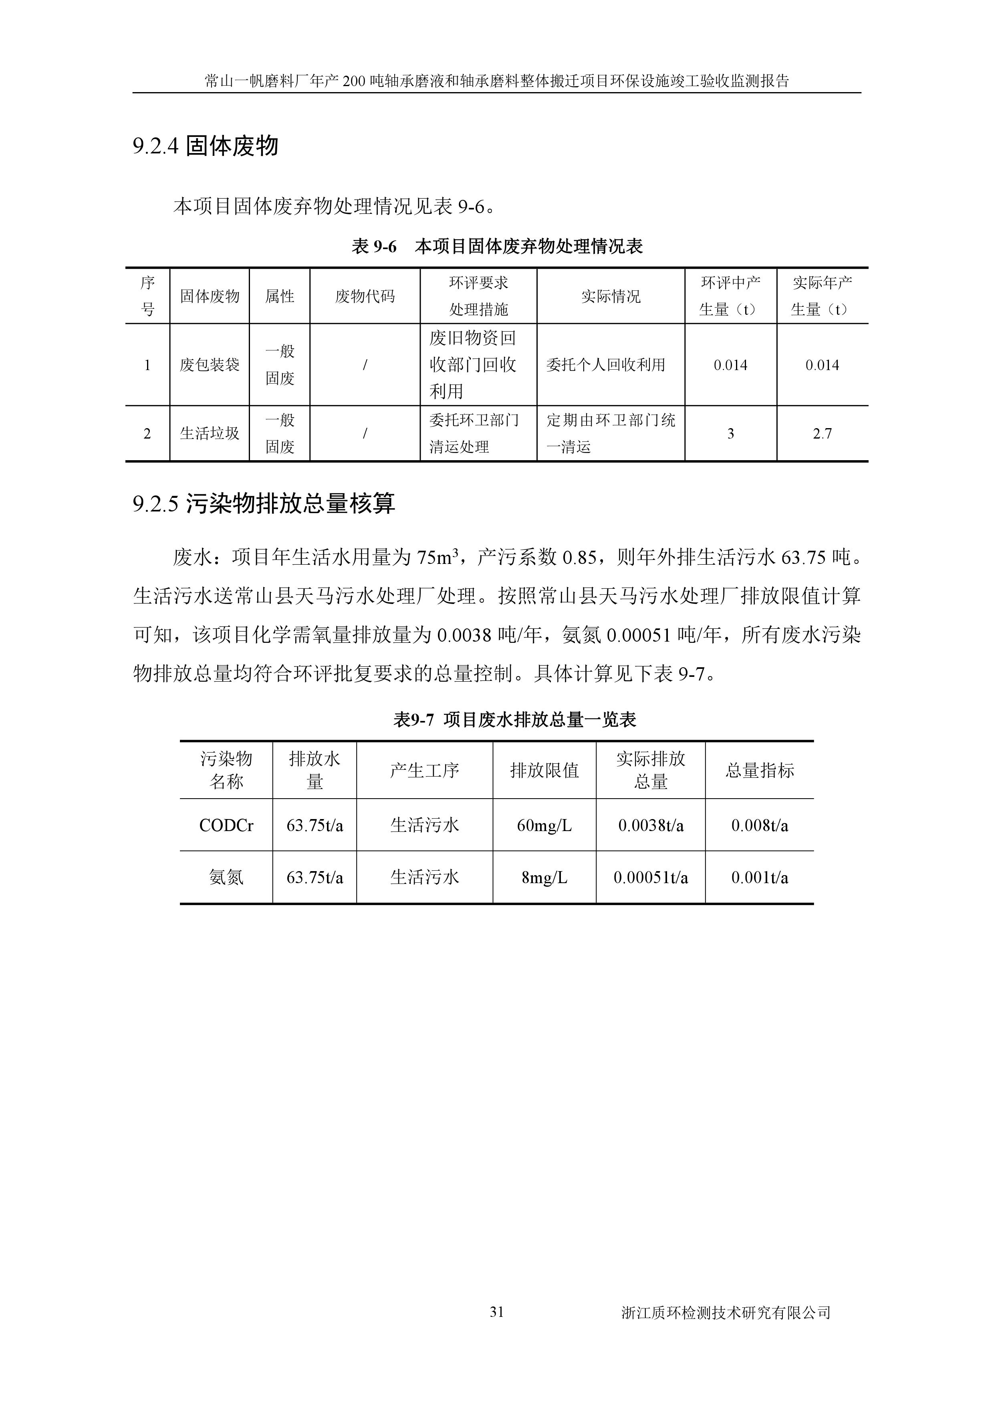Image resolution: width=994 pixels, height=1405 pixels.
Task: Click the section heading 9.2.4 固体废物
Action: [x=206, y=146]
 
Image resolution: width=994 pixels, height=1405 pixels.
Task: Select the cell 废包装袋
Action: [x=209, y=365]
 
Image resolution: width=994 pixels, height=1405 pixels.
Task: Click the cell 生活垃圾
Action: [x=209, y=434]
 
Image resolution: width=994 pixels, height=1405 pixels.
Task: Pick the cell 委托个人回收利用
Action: [x=605, y=365]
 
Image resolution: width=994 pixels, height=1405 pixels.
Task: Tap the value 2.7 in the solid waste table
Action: [x=822, y=434]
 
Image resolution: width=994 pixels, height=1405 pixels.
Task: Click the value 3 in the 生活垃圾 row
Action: [x=730, y=434]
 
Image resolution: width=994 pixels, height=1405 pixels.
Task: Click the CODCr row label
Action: [x=226, y=825]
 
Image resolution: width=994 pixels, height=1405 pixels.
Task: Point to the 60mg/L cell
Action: [x=544, y=825]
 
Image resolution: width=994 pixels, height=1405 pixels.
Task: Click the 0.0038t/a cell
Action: [x=651, y=825]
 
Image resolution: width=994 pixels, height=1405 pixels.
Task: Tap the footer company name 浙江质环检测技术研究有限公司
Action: [x=725, y=1312]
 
